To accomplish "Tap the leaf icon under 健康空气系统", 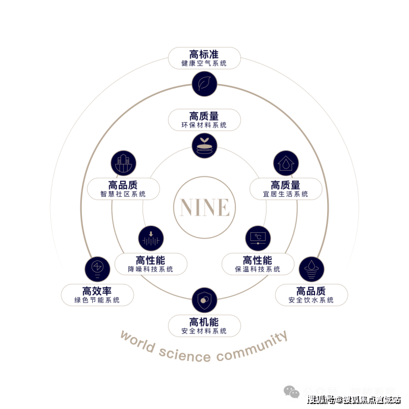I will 204,83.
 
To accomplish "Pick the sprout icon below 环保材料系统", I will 204,145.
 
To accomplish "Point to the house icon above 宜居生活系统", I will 286,164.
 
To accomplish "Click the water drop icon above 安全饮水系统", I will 311,269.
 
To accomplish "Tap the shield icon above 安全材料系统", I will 204,300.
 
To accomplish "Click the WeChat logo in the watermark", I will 292,392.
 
